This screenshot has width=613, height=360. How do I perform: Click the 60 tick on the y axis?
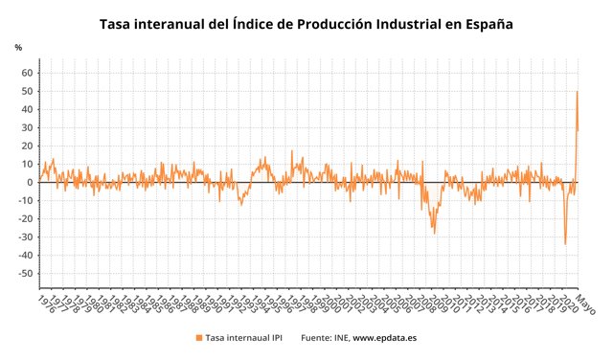click(28, 73)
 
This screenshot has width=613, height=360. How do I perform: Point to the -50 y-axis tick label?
click(26, 274)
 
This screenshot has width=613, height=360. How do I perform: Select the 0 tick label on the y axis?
click(31, 183)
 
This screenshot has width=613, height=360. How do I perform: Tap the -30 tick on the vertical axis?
click(26, 237)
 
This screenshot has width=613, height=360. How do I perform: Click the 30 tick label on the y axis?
click(28, 127)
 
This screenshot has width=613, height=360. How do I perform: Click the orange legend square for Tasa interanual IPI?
click(198, 338)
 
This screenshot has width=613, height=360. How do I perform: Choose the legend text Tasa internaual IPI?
click(244, 338)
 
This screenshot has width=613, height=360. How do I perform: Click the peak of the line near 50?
click(577, 92)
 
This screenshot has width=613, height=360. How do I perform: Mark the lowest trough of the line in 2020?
click(565, 243)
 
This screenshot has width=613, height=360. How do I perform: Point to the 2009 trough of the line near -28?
click(434, 233)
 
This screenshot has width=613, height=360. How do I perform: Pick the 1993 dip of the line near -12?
click(240, 204)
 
